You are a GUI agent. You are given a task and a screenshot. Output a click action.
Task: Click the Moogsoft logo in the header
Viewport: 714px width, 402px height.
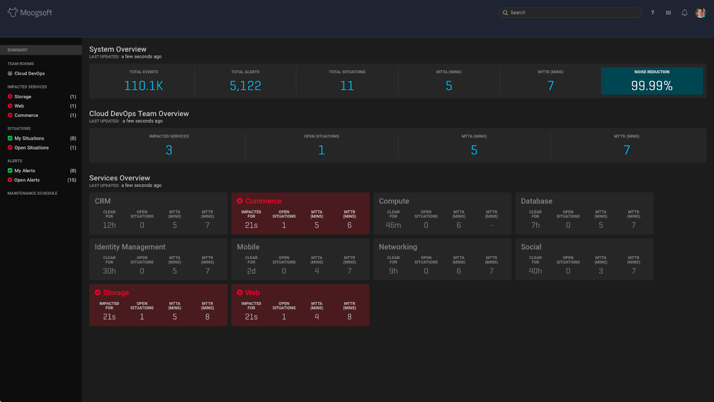pyautogui.click(x=30, y=13)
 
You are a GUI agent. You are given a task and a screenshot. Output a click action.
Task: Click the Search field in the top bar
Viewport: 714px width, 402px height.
pyautogui.click(x=571, y=13)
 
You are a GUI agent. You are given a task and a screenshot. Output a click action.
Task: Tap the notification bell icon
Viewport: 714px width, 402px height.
pyautogui.click(x=684, y=13)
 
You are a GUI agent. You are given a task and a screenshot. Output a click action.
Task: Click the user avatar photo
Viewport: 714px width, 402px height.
pyautogui.click(x=700, y=13)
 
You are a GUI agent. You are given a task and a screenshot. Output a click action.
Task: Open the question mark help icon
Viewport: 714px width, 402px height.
pyautogui.click(x=652, y=13)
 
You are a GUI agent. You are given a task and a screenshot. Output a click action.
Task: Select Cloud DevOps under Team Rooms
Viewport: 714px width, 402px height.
pyautogui.click(x=29, y=74)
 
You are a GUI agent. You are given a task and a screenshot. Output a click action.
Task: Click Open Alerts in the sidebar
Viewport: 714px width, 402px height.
pyautogui.click(x=27, y=180)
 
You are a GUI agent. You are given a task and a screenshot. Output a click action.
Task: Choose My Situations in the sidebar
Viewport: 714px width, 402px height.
pyautogui.click(x=29, y=138)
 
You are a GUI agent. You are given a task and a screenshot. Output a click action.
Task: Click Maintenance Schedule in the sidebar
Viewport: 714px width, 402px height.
pyautogui.click(x=32, y=193)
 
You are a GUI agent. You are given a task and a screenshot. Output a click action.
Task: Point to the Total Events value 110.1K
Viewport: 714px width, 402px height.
pyautogui.click(x=144, y=86)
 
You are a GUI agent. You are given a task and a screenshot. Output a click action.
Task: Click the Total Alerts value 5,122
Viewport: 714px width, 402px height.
pyautogui.click(x=245, y=86)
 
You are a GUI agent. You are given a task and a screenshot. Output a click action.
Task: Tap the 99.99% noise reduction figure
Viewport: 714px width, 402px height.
pyautogui.click(x=652, y=86)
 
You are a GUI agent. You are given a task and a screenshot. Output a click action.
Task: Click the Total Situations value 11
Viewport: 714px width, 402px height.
pyautogui.click(x=347, y=86)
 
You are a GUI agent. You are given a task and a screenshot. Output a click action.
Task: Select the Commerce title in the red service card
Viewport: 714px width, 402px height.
pyautogui.click(x=263, y=201)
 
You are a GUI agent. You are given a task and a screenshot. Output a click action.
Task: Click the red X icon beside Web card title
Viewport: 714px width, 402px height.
pyautogui.click(x=240, y=293)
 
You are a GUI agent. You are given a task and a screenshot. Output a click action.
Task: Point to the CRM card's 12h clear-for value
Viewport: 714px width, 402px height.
pyautogui.click(x=109, y=226)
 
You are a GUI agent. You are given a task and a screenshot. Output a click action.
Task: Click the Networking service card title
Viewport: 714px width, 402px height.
pyautogui.click(x=398, y=247)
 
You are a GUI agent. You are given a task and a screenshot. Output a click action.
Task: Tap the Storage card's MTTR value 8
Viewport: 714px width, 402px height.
pyautogui.click(x=208, y=317)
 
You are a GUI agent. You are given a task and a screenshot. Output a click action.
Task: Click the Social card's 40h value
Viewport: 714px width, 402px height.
pyautogui.click(x=535, y=271)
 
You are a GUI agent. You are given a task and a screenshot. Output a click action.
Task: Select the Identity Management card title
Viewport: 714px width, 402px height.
pyautogui.click(x=130, y=247)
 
